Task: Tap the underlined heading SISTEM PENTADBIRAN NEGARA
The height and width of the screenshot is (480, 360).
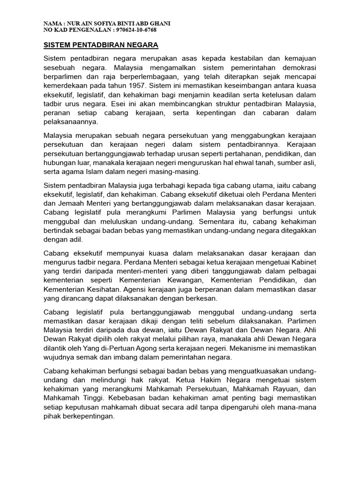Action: click(101, 45)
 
